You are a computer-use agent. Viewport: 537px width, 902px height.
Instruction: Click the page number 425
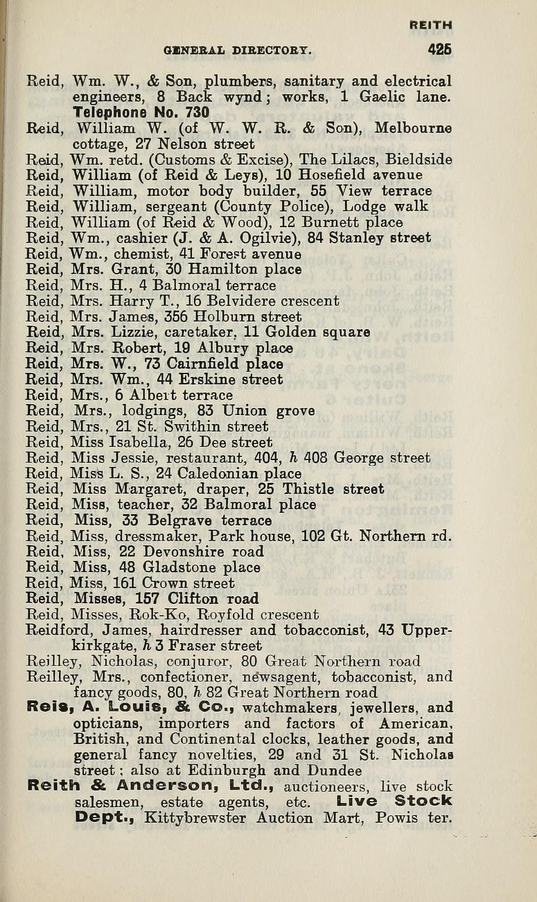439,50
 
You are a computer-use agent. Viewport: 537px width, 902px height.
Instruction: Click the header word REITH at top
431,24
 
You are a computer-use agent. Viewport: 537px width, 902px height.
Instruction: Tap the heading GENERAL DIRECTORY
238,51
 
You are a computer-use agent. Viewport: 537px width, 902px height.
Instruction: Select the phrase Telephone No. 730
141,112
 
